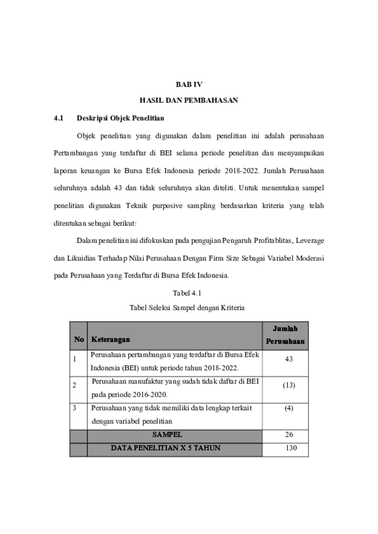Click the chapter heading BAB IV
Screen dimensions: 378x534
(x=189, y=84)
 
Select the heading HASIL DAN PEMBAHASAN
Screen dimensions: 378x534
(x=189, y=101)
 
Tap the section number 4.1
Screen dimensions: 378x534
(x=59, y=118)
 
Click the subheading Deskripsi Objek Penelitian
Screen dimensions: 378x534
(x=120, y=118)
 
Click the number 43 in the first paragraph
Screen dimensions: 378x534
(x=117, y=188)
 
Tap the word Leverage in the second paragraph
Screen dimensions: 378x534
(x=310, y=241)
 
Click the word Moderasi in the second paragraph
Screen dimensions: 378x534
(x=310, y=258)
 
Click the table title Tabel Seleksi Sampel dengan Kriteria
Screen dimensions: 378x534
(x=187, y=308)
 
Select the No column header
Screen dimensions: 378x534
(x=79, y=339)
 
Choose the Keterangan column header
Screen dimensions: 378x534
(x=110, y=339)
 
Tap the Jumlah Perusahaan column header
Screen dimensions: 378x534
(x=286, y=335)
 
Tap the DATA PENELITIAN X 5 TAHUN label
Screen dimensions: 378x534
(x=166, y=448)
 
